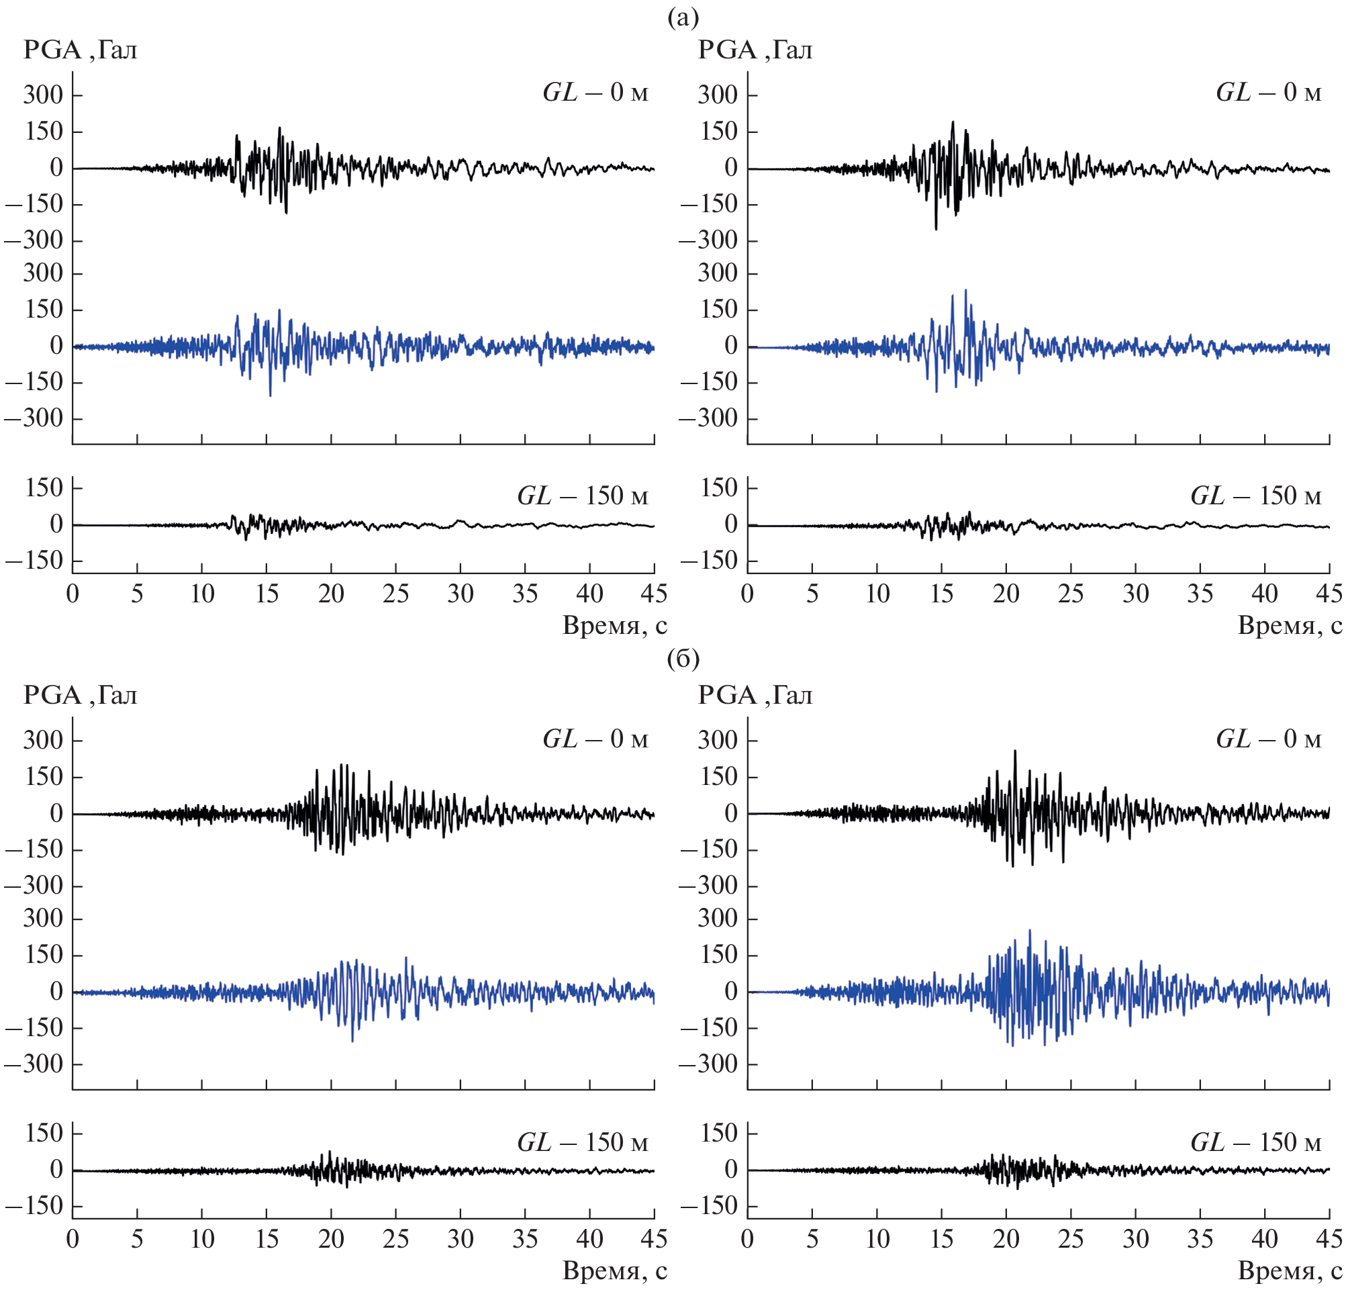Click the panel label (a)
[683, 18]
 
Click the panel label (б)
[683, 658]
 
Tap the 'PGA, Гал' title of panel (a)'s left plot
[81, 50]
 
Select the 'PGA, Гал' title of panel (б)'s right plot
[755, 695]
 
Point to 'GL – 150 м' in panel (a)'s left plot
[582, 496]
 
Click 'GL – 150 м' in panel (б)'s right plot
[1255, 1142]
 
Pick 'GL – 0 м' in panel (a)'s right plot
[1268, 92]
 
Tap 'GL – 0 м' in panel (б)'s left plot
[595, 739]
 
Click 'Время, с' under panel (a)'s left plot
[615, 626]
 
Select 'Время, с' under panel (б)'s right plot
[1289, 1271]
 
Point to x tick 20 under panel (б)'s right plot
[1006, 1239]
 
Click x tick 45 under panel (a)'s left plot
[654, 594]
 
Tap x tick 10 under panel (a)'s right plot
[877, 594]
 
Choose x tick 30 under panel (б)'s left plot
[460, 1239]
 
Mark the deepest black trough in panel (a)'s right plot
[935, 229]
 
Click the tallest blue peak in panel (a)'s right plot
[965, 290]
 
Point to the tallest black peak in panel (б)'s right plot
[1015, 751]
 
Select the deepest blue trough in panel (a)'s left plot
[270, 396]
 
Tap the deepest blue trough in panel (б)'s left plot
[352, 1042]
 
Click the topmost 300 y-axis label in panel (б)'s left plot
[43, 741]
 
